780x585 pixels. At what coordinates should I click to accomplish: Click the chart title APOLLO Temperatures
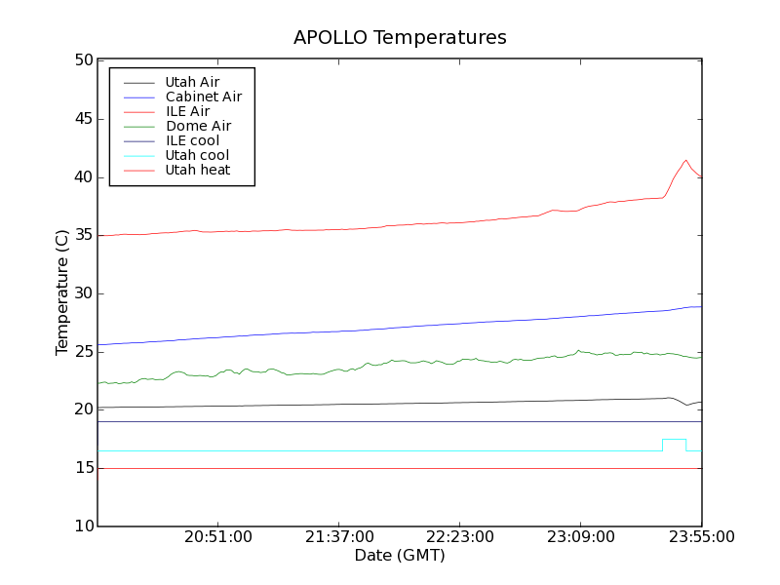click(400, 38)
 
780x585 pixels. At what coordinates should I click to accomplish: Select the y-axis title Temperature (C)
click(62, 292)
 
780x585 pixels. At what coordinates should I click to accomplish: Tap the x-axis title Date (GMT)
click(400, 556)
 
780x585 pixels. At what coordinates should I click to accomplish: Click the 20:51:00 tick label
click(218, 537)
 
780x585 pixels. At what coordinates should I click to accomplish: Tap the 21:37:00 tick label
click(339, 537)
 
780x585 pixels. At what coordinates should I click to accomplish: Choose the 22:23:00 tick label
click(460, 537)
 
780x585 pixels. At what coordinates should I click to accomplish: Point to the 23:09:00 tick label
click(581, 537)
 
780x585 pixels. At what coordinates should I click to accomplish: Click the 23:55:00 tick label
click(701, 537)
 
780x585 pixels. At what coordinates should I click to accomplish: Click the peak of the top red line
click(685, 160)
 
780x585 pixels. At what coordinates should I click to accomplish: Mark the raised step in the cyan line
click(674, 440)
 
